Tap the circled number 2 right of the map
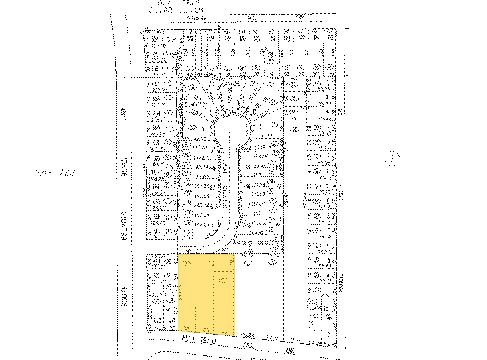[391, 158]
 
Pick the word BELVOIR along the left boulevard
[123, 221]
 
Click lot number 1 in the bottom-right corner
[313, 332]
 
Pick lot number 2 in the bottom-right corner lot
[329, 332]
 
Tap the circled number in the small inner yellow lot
[223, 279]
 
